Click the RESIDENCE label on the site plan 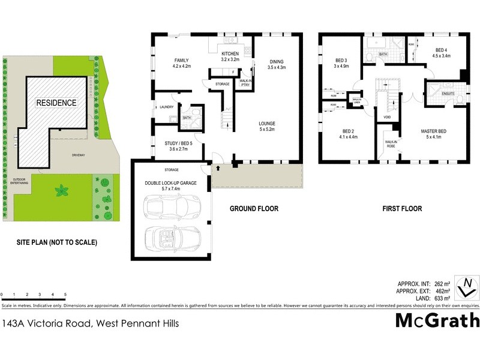point(57,103)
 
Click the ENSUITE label point(448,94)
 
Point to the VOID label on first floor point(387,118)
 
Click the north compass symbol point(466,287)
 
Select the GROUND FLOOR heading point(254,209)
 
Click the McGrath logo point(437,320)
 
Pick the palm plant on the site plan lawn point(62,191)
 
